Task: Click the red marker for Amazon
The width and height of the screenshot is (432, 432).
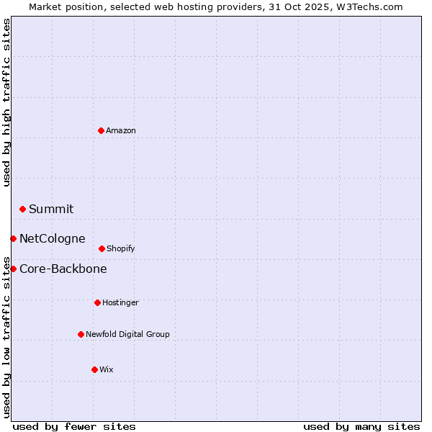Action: pos(101,130)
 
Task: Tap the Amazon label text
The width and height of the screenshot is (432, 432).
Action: pos(121,131)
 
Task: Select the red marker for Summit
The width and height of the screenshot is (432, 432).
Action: pos(22,209)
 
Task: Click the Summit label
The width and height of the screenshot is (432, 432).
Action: pos(51,210)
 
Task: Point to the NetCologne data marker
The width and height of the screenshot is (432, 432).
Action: pos(13,238)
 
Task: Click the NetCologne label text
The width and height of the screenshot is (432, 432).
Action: pos(53,239)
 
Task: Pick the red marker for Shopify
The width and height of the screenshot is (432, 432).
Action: pos(102,248)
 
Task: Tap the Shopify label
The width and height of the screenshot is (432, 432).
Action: pos(121,249)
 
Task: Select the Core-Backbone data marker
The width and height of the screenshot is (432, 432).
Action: pos(13,269)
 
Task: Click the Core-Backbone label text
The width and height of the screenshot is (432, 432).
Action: pos(63,269)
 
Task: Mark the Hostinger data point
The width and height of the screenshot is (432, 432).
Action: pos(97,302)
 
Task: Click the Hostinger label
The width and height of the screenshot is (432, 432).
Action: pos(120,303)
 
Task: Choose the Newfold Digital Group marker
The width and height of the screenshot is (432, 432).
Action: pos(81,334)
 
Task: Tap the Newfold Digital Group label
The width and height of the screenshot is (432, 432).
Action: pos(128,335)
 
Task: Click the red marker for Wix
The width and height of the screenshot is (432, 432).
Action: pos(94,369)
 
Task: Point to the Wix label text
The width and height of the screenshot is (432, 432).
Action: pos(107,370)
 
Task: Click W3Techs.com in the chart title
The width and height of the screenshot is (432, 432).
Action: pos(372,6)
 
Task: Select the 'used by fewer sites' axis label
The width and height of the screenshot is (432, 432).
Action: pos(74,426)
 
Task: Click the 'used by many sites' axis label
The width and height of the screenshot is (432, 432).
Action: pos(361,426)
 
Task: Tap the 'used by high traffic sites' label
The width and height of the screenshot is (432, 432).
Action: pos(6,102)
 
